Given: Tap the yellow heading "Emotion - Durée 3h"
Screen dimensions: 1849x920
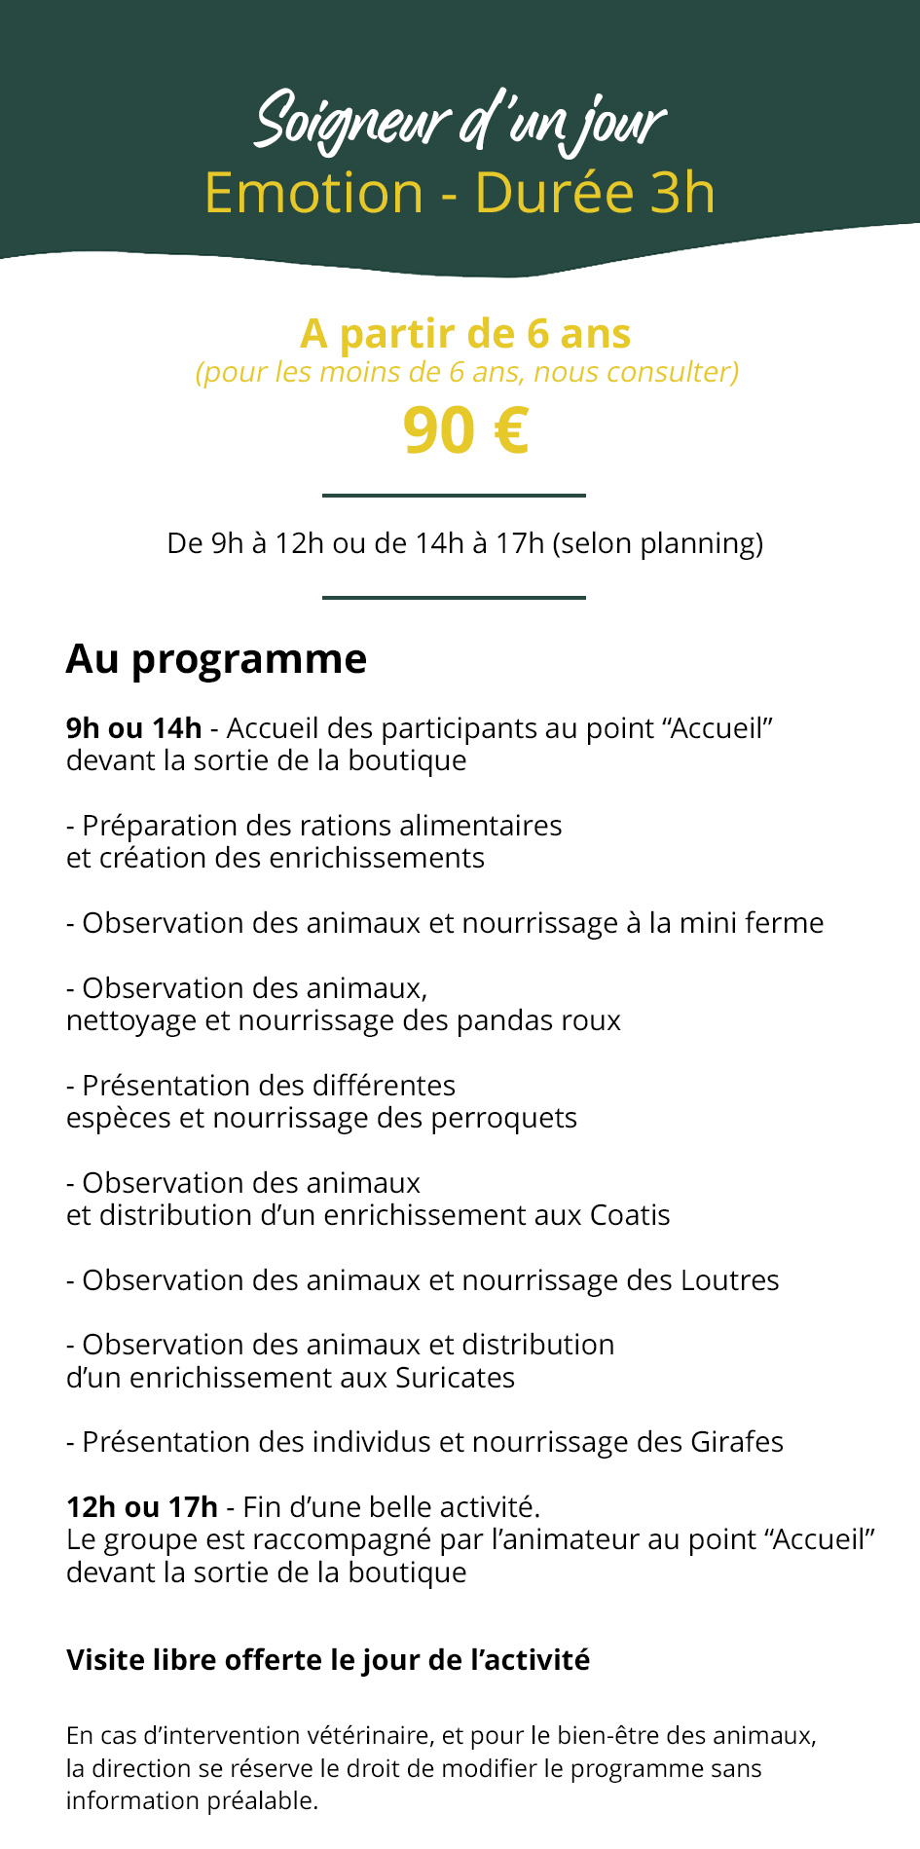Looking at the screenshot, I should click(x=460, y=193).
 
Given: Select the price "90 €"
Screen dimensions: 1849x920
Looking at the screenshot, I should click(x=465, y=430).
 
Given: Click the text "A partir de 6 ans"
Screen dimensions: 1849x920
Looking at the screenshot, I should click(x=465, y=334).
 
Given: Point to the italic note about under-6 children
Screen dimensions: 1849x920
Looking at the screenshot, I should click(x=467, y=372).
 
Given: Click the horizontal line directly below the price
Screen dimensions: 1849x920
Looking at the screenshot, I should click(x=454, y=496).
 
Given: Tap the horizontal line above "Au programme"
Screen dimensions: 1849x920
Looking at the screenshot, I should click(x=454, y=598).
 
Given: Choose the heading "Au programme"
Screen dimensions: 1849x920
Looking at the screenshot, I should click(x=216, y=659).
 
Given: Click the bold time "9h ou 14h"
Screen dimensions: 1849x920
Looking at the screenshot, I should click(x=133, y=728).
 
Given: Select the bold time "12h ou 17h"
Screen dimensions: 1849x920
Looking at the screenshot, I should click(x=142, y=1507).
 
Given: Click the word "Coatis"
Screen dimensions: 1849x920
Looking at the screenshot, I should click(x=630, y=1215).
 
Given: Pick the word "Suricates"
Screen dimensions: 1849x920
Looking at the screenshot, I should click(x=455, y=1378).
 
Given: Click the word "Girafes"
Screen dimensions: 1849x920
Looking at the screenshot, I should click(x=737, y=1442).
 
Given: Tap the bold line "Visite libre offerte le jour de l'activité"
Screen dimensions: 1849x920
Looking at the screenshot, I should click(x=328, y=1660).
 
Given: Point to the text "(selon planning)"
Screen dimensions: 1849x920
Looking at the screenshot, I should click(x=657, y=543).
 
